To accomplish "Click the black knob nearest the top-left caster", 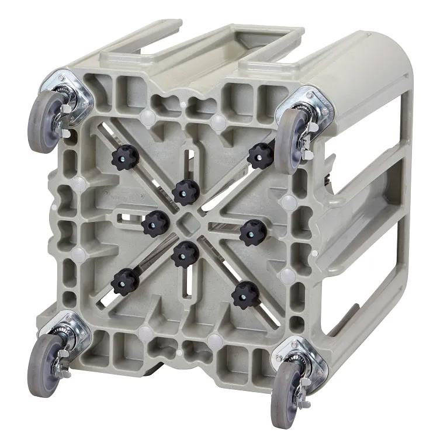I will (125, 157).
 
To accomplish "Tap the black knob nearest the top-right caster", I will (261, 155).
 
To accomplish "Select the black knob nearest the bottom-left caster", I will (124, 283).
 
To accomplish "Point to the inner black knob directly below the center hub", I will (185, 254).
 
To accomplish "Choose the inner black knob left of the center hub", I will (155, 222).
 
